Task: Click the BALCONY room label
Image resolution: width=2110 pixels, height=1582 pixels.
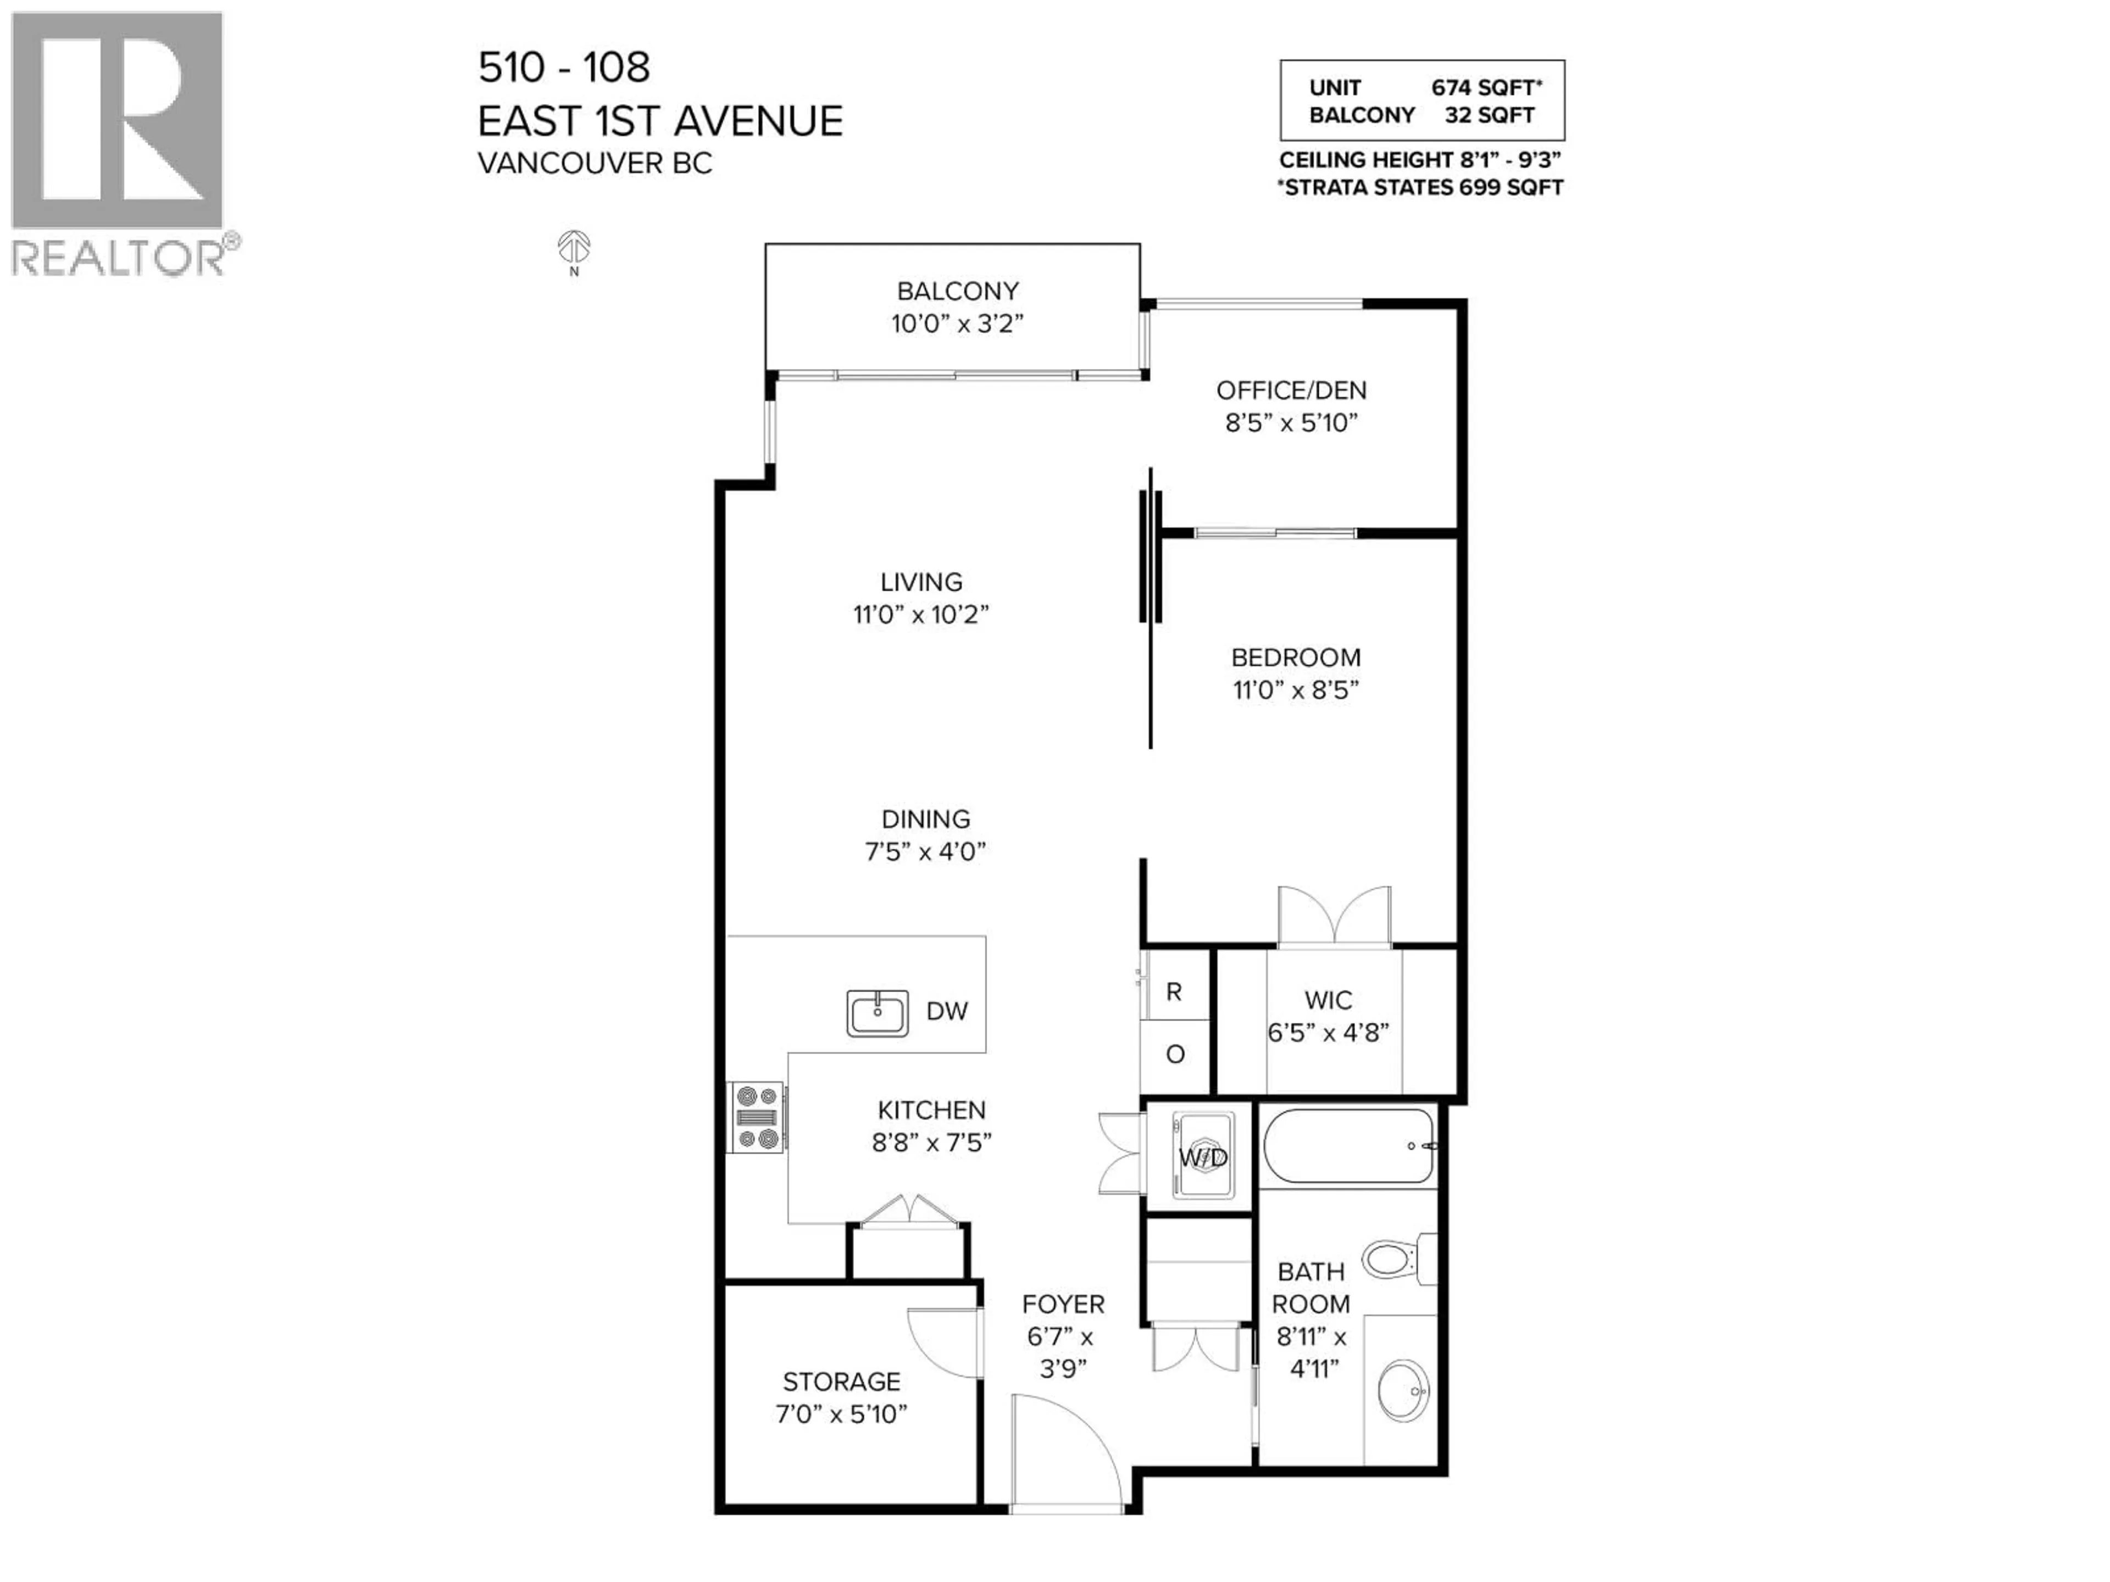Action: coord(957,291)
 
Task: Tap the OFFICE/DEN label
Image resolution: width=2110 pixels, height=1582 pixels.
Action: coord(1291,390)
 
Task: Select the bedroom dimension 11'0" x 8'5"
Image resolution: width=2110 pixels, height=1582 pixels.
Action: coord(1295,689)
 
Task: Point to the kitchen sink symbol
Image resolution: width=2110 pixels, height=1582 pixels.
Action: coord(876,1013)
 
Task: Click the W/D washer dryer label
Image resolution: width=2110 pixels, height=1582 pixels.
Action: coord(1203,1157)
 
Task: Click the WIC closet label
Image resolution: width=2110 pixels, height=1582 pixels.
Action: coord(1328,1000)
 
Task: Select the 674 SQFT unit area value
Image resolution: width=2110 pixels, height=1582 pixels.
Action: coord(1485,88)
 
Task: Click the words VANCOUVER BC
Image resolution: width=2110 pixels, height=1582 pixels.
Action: coord(595,163)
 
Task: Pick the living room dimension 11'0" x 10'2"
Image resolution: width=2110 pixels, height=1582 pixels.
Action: coord(920,614)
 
